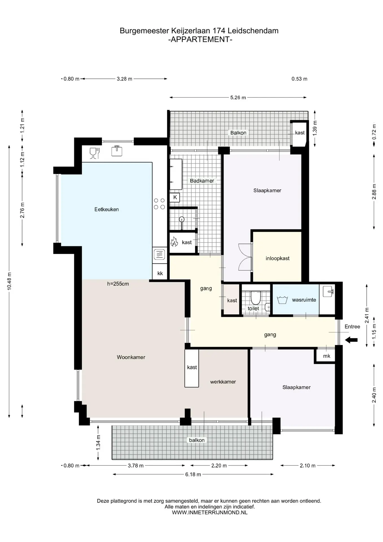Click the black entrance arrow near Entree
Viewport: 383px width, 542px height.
(351, 340)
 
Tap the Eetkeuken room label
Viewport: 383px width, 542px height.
(107, 209)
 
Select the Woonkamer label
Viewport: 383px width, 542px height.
(131, 357)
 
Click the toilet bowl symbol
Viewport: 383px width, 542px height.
(256, 298)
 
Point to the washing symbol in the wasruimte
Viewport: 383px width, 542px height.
(282, 300)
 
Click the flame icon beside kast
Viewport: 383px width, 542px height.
(174, 242)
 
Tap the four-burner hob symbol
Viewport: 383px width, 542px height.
(159, 204)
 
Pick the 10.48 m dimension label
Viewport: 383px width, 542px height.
(9, 281)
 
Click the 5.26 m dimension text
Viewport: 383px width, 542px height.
(238, 98)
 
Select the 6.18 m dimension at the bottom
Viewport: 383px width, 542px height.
(193, 475)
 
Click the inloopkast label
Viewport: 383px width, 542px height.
(278, 258)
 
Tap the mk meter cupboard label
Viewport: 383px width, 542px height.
(327, 356)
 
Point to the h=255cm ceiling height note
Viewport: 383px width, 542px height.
(118, 284)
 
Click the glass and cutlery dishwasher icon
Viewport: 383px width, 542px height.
(94, 153)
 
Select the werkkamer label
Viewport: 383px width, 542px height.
(223, 382)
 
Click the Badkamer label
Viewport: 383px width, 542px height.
(202, 181)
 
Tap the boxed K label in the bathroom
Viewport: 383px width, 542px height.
(175, 197)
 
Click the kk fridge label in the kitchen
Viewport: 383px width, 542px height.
(160, 273)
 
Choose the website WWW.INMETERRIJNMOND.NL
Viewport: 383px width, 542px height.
(210, 512)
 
